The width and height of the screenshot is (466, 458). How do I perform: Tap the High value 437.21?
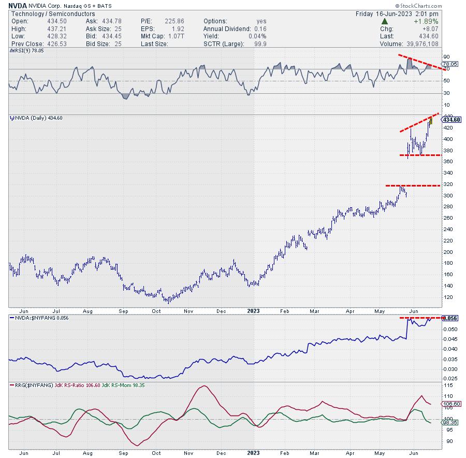pyautogui.click(x=50, y=28)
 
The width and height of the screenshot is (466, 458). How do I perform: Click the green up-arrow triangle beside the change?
pyautogui.click(x=385, y=21)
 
